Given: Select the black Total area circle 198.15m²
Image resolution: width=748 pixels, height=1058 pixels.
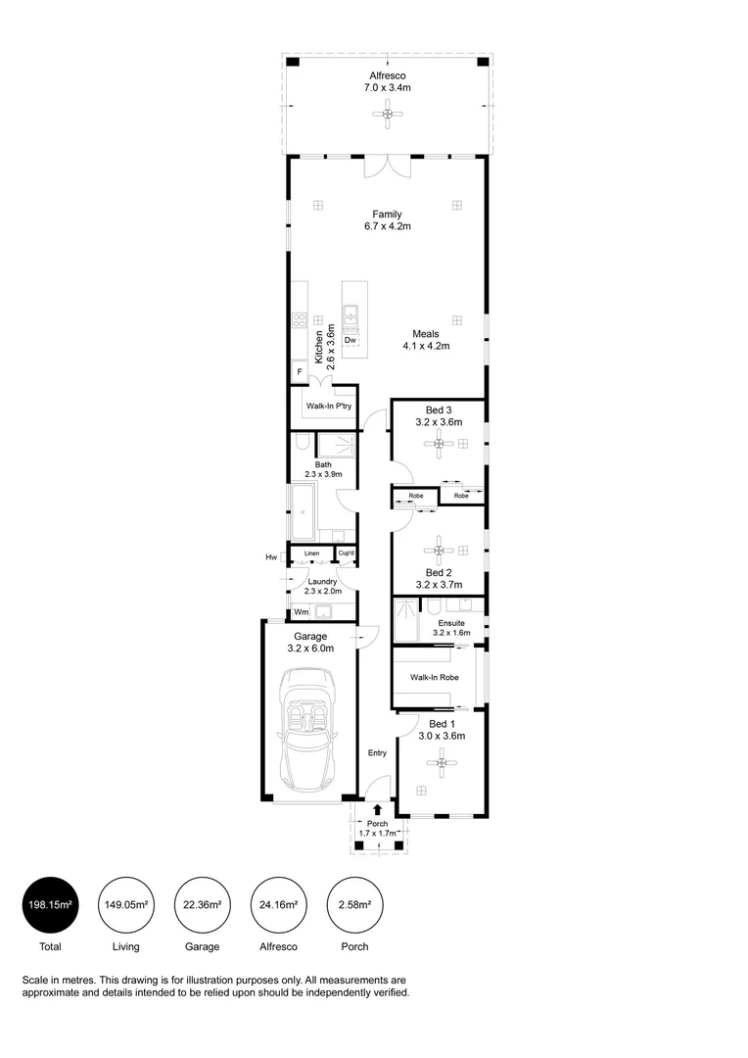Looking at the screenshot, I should pos(49,904).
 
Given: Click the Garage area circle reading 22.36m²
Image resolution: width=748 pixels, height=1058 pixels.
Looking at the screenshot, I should pos(202,904).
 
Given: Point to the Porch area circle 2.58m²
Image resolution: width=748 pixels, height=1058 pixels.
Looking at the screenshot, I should pos(354,904).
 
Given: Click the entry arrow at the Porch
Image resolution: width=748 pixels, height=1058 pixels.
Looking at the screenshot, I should pos(378,810).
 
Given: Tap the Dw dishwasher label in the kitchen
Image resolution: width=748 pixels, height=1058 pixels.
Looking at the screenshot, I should pos(350,340).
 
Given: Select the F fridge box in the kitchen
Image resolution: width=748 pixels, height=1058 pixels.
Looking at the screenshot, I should pos(299,372).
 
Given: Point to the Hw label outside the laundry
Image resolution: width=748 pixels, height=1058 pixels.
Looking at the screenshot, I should pos(271,557).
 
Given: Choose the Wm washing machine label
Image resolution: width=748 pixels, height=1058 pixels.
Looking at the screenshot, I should pos(302,613).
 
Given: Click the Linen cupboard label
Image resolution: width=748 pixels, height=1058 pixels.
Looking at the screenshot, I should pos(311,554).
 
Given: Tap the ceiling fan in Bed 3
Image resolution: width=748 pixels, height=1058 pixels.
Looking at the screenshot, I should pos(440,446).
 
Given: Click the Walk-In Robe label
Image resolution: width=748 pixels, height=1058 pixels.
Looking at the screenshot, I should pos(434,677).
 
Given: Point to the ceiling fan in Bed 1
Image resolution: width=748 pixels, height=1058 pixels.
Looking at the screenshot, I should pos(443,761).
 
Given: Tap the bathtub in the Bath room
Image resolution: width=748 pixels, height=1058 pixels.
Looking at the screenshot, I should pos(302,510).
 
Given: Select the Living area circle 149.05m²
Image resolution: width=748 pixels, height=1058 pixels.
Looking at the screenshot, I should pos(125,904).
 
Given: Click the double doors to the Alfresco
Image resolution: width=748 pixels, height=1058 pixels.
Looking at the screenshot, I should pos(387,168).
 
